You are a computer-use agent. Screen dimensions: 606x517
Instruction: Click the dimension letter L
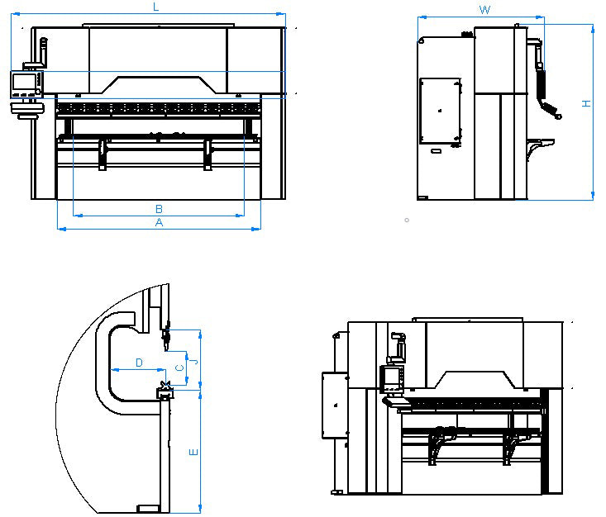[x=155, y=7]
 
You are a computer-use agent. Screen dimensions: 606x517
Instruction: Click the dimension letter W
[x=484, y=9]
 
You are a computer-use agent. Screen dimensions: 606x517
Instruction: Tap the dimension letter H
[x=586, y=103]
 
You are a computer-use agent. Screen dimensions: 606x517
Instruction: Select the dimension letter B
[x=159, y=209]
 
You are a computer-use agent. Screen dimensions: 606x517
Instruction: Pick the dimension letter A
[x=159, y=222]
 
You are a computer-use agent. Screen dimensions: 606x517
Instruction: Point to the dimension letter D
[x=139, y=363]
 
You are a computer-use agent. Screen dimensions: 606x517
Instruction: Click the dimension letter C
[x=179, y=368]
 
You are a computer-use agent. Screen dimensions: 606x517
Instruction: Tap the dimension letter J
[x=196, y=362]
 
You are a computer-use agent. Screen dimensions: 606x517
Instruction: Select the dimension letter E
[x=193, y=452]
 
